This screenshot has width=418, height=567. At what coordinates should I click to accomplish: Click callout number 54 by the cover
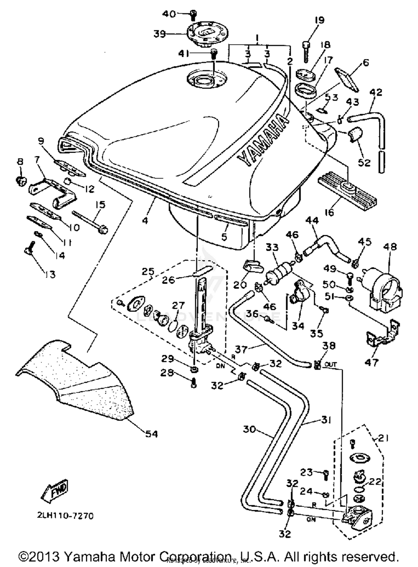pos(151,434)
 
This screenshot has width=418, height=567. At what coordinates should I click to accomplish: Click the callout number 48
pos(390,247)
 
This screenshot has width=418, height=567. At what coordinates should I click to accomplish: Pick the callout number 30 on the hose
pos(249,429)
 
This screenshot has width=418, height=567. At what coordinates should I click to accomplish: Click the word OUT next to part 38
pos(331,364)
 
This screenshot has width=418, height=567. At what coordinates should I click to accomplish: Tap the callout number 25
pos(148,271)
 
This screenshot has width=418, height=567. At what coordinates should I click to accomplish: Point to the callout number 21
pos(383,439)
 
